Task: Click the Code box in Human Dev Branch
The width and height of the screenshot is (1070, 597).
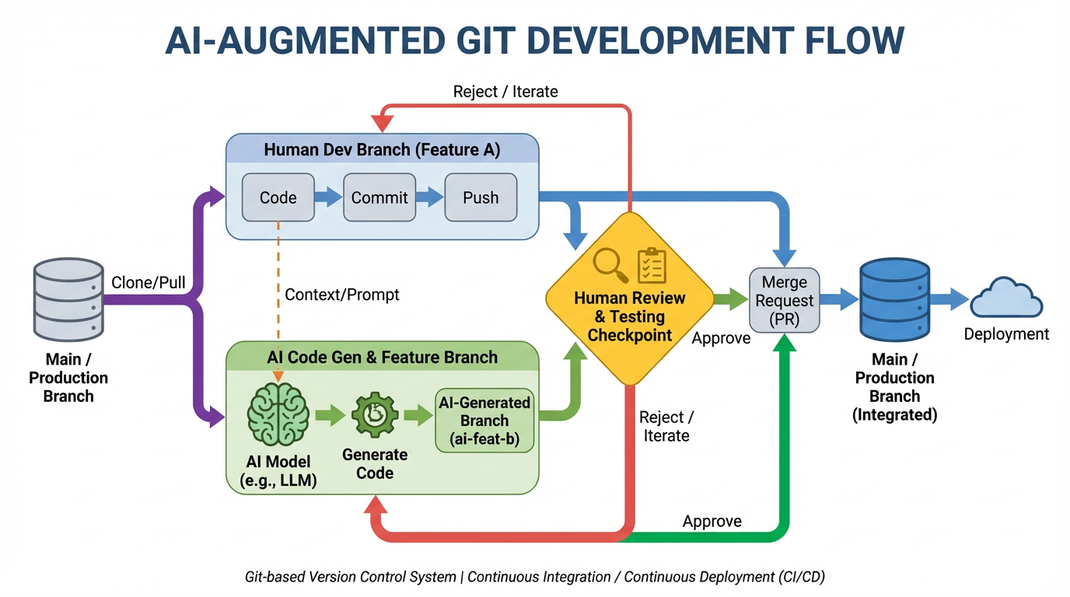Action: pyautogui.click(x=278, y=197)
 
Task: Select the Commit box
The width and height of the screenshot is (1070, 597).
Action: pyautogui.click(x=379, y=197)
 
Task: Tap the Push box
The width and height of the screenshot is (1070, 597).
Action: pyautogui.click(x=481, y=197)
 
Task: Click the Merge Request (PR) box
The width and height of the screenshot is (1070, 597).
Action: pyautogui.click(x=784, y=300)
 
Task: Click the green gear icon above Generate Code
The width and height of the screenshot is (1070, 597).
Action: pyautogui.click(x=375, y=415)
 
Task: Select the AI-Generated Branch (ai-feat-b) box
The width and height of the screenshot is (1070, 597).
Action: pyautogui.click(x=484, y=421)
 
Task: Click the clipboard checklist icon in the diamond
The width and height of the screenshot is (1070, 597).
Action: pyautogui.click(x=652, y=266)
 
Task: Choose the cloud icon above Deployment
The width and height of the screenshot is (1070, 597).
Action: pyautogui.click(x=1006, y=298)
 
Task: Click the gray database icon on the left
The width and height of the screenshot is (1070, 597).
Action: pyautogui.click(x=68, y=301)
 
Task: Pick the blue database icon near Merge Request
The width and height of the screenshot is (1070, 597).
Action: pyautogui.click(x=894, y=301)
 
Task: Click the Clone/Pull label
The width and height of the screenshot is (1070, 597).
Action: pyautogui.click(x=149, y=282)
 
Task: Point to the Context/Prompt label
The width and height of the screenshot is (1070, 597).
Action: pyautogui.click(x=342, y=295)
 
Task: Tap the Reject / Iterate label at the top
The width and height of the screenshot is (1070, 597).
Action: pyautogui.click(x=505, y=92)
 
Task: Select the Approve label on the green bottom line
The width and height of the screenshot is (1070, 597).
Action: pyautogui.click(x=712, y=521)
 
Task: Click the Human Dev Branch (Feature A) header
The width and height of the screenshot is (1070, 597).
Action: pyautogui.click(x=382, y=149)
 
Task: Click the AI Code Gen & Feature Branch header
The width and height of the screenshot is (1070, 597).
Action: pyautogui.click(x=382, y=358)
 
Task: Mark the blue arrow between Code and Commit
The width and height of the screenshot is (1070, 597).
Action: pyautogui.click(x=329, y=197)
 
